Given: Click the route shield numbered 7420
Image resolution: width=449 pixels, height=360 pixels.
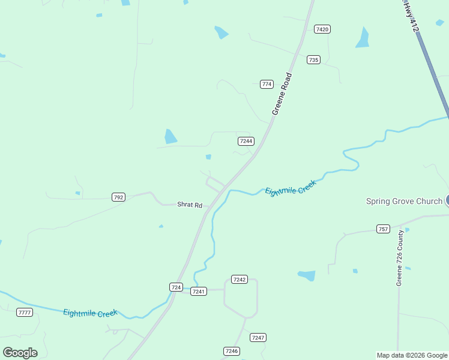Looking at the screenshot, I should pyautogui.click(x=322, y=29).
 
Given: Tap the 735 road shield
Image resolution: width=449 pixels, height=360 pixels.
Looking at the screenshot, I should pyautogui.click(x=313, y=59).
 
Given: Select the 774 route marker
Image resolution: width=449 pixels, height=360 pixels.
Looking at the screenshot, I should pyautogui.click(x=267, y=84).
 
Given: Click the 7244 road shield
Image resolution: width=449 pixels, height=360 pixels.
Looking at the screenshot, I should pyautogui.click(x=246, y=141).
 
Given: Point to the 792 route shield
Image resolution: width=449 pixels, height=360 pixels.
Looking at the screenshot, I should pyautogui.click(x=118, y=197).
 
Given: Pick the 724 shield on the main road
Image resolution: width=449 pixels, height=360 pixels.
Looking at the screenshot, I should pyautogui.click(x=176, y=287).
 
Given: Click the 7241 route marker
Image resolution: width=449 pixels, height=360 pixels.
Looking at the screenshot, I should pyautogui.click(x=199, y=291).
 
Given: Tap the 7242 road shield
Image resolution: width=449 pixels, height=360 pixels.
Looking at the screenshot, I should pyautogui.click(x=240, y=280).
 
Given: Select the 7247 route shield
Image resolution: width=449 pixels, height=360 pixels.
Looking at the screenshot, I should pyautogui.click(x=258, y=337).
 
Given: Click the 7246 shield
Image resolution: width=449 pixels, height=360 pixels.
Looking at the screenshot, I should pyautogui.click(x=231, y=351).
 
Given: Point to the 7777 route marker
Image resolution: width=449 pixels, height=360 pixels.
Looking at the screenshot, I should pyautogui.click(x=25, y=313).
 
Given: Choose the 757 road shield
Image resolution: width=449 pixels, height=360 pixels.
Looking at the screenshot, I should pyautogui.click(x=383, y=229).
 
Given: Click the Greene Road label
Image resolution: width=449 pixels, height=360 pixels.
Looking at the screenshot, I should pyautogui.click(x=282, y=94).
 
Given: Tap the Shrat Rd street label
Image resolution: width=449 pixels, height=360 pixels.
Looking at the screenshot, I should pyautogui.click(x=190, y=205).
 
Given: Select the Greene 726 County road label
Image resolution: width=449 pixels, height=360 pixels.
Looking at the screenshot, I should pyautogui.click(x=399, y=257).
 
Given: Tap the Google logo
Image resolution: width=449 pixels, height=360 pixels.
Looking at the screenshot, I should pyautogui.click(x=20, y=353).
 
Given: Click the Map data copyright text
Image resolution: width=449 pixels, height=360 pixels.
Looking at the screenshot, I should pyautogui.click(x=412, y=355).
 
